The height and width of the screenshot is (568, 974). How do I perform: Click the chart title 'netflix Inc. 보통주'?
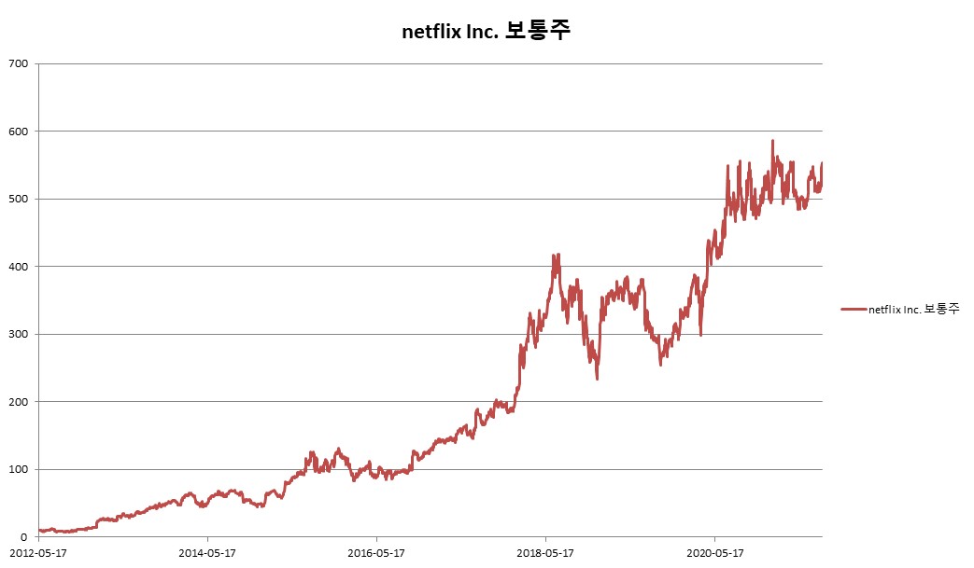point(486,31)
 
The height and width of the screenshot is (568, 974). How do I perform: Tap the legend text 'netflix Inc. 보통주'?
point(913,309)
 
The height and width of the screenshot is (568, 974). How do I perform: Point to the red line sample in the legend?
point(854,309)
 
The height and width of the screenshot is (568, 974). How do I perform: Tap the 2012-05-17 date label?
point(38,553)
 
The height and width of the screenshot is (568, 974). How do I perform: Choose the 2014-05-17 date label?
point(207,553)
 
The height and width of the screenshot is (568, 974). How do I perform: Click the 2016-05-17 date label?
point(376,553)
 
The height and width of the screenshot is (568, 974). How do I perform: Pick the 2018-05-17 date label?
point(545,553)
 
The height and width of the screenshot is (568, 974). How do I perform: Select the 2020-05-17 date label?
point(714,553)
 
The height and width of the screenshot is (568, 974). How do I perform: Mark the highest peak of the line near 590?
point(772,141)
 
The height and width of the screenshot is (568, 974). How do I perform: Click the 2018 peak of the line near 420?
point(557,254)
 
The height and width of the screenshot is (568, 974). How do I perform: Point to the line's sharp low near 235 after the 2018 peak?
point(597,378)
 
